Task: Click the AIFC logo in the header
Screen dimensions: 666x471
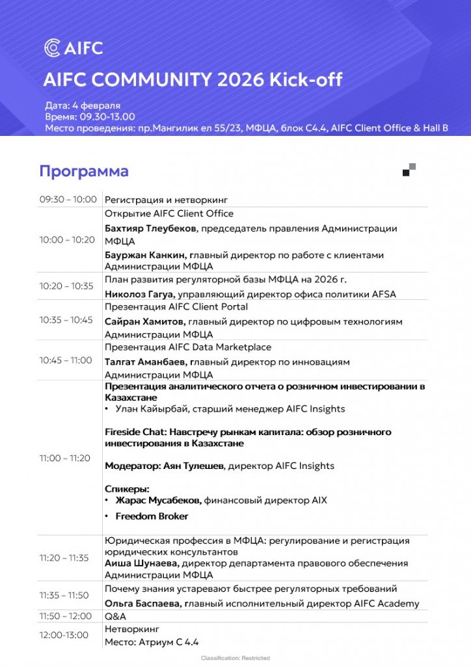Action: (73, 47)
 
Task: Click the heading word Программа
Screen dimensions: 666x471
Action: (84, 171)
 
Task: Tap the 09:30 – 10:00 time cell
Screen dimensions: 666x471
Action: (68, 200)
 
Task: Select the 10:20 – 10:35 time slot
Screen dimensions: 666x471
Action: (66, 286)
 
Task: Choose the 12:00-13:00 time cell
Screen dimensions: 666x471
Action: (64, 635)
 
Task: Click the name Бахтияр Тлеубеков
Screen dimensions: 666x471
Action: (152, 228)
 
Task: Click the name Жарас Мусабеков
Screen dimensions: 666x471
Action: (158, 500)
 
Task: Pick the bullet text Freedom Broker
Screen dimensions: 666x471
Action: (152, 516)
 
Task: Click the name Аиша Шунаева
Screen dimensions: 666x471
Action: (142, 563)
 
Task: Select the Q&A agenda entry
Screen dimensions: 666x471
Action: (116, 616)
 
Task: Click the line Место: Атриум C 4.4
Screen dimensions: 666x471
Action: (152, 642)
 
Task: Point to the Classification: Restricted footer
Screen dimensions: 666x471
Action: (235, 658)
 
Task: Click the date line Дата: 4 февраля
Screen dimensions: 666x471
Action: (83, 105)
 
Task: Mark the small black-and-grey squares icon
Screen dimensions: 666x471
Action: (409, 170)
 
